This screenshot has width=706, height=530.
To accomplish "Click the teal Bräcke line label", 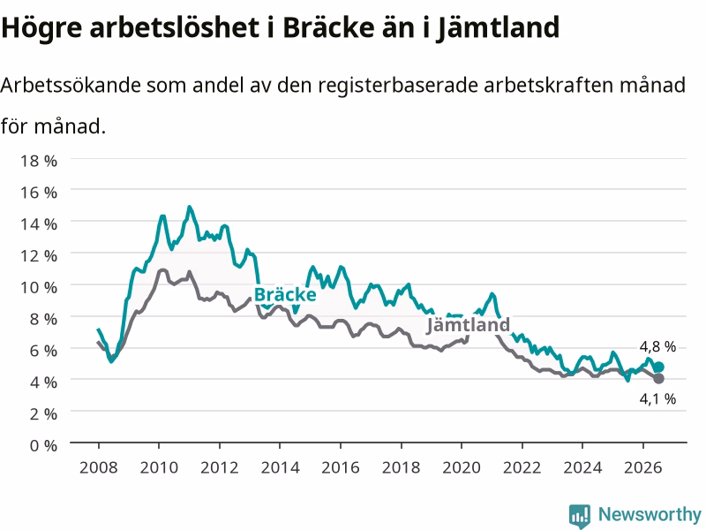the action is click(x=285, y=295).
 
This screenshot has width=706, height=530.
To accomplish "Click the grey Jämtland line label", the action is click(x=468, y=324).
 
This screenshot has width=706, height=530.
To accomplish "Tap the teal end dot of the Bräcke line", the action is click(x=658, y=367).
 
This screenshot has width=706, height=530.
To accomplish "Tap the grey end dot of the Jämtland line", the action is click(x=658, y=379).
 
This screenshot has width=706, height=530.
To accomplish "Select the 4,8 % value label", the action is click(x=657, y=346).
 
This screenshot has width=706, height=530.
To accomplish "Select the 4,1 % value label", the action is click(x=657, y=399).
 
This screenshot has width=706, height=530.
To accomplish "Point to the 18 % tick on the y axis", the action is click(x=39, y=161).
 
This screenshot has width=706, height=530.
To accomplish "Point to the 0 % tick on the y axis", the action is click(x=43, y=446).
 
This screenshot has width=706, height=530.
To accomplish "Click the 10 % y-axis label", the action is click(x=39, y=288).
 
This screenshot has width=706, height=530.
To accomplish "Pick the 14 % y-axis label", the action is click(x=39, y=224).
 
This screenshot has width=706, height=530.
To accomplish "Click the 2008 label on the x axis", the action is click(x=99, y=467).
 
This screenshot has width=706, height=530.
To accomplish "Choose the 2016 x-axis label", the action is click(x=341, y=467).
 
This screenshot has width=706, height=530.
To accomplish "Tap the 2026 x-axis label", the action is click(x=643, y=467).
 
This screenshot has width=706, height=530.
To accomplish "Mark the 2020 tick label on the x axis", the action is click(x=462, y=467).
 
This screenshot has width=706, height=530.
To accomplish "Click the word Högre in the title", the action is click(x=41, y=28).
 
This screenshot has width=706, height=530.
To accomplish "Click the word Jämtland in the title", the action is click(x=498, y=28).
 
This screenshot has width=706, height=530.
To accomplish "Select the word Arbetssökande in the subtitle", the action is click(x=71, y=85).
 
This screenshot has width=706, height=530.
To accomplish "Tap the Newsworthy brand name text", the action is click(x=650, y=514).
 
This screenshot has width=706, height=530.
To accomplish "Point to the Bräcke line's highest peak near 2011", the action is click(x=190, y=207).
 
